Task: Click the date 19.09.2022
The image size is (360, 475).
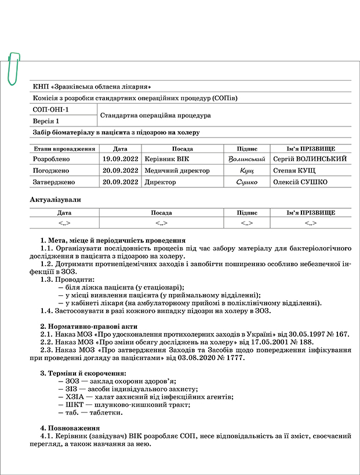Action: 120,158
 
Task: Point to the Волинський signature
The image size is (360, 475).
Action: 247,158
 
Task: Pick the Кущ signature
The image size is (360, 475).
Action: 247,171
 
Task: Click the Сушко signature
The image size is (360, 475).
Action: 246,182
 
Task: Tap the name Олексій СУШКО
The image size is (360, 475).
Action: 300,182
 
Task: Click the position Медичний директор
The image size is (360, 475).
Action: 177,171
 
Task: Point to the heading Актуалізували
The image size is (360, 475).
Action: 55,200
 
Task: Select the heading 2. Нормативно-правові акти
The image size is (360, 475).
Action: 88,326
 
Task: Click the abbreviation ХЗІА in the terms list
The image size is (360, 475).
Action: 75,397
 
